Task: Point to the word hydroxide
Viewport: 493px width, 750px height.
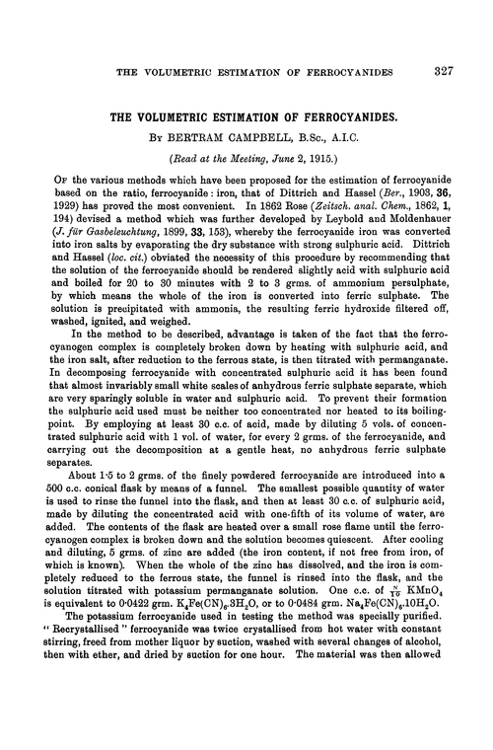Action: pyautogui.click(x=352, y=334)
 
